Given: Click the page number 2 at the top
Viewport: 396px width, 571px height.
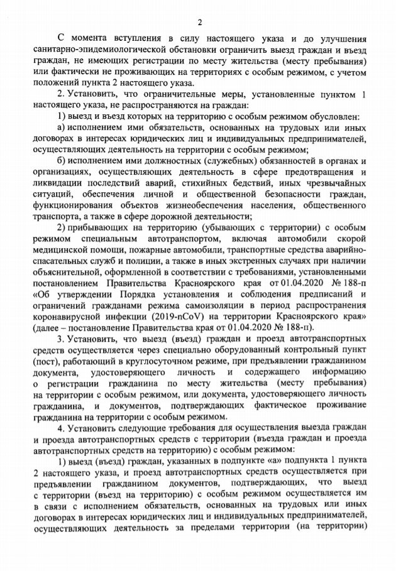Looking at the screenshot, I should [x=199, y=23].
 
